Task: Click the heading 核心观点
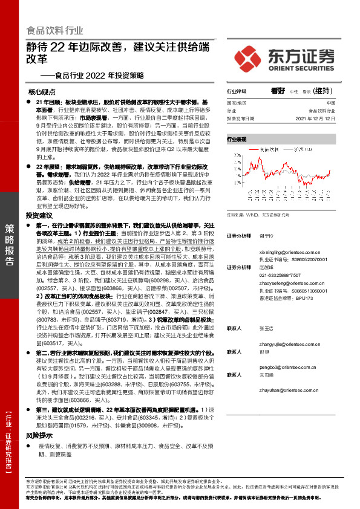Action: pos(42,92)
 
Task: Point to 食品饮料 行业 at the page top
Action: pos(54,30)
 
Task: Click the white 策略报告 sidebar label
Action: pos(10,244)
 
